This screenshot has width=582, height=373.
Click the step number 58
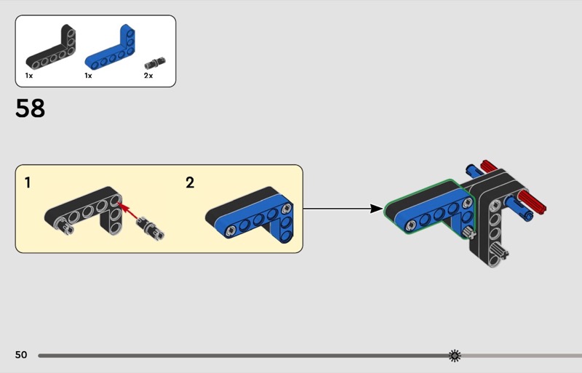coord(30,108)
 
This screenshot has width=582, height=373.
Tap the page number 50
coord(21,355)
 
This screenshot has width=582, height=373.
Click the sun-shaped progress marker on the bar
coord(455,356)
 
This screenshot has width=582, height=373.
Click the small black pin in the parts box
coord(155,63)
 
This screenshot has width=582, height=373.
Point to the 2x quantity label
coord(148,76)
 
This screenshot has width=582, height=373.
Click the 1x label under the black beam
coord(29,76)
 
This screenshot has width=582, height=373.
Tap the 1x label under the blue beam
coord(88,76)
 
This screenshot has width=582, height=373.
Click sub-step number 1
coord(28,183)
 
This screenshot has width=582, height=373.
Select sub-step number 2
coord(190,183)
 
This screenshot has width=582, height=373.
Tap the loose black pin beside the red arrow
coord(150,228)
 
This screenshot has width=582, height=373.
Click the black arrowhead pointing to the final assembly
coord(377,209)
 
